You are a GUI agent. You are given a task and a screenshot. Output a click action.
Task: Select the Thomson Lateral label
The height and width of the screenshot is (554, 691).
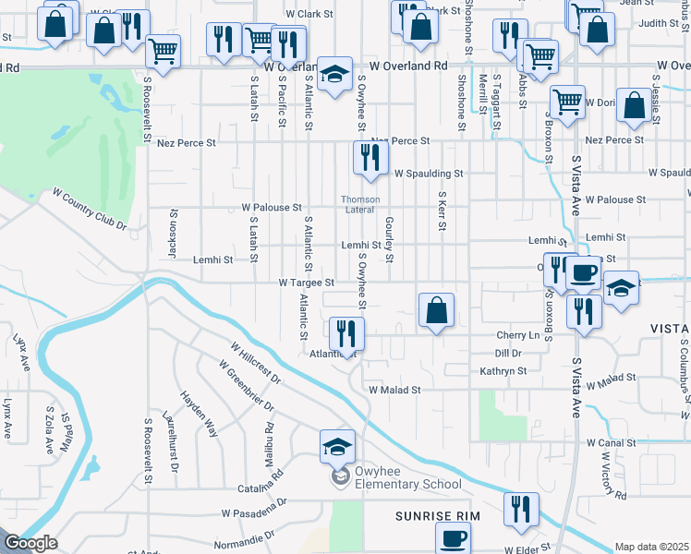360,204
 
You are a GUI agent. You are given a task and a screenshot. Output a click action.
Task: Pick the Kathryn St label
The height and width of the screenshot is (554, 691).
503,371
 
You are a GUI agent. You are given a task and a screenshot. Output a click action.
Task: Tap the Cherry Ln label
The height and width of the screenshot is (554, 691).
517,335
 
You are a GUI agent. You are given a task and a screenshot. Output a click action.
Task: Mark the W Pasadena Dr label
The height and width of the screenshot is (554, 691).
254,512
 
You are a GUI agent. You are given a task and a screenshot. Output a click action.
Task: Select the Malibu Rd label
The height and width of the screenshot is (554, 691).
270,440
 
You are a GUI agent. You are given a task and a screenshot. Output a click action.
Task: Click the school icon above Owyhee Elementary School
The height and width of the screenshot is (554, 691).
337,446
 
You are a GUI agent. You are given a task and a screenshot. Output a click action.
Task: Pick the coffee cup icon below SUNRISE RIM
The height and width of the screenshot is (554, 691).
453,538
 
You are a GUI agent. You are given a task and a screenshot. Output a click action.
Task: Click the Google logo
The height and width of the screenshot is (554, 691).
30,544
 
